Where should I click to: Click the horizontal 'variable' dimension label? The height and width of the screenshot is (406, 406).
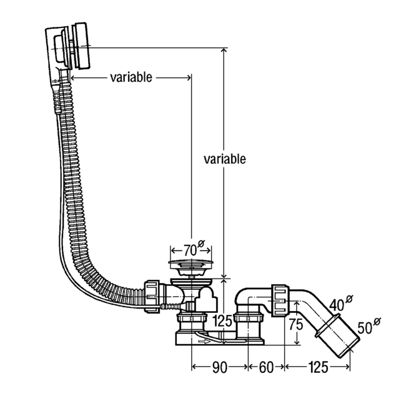tap(131, 77)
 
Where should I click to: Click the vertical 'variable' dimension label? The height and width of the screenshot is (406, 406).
tap(225, 159)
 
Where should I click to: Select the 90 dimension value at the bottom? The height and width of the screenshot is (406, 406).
tap(220, 367)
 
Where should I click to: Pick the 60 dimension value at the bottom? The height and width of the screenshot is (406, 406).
tap(266, 367)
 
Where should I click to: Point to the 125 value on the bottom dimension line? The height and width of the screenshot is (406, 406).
tap(318, 367)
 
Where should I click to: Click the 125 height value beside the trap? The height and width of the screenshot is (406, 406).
tap(222, 321)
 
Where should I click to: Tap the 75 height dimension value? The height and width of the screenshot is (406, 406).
tap(296, 324)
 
